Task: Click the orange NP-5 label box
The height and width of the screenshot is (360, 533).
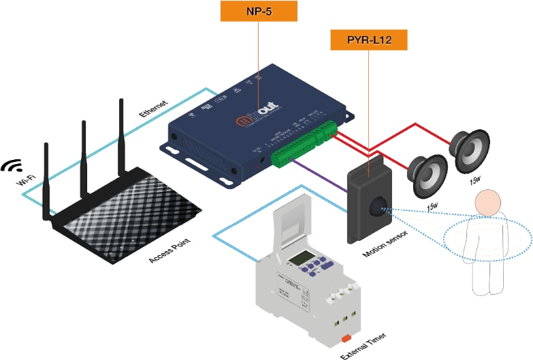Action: tap(259, 12)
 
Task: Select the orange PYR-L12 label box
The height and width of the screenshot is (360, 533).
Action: tap(368, 41)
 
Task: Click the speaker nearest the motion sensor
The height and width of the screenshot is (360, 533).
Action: tap(426, 175)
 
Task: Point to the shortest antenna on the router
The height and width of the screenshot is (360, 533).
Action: tap(46, 180)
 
